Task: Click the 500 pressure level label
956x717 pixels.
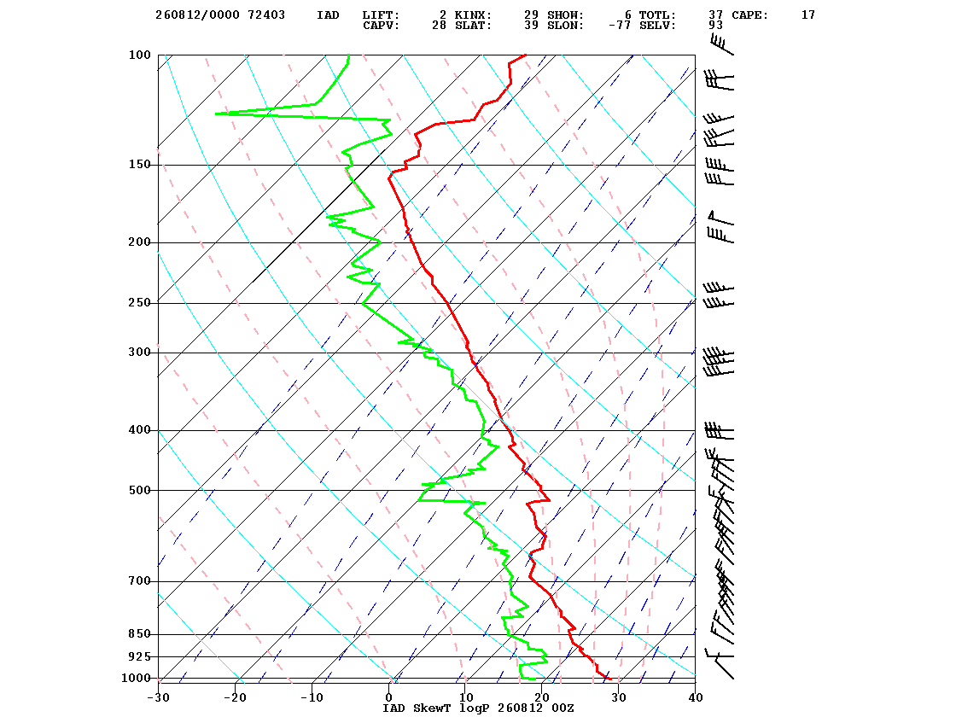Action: pos(139,490)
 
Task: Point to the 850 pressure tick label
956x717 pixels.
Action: pos(139,634)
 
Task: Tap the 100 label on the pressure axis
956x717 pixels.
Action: pos(139,55)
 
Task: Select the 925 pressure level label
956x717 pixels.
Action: pos(139,656)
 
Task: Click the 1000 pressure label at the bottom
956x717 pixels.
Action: pos(136,678)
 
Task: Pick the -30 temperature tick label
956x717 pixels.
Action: pos(158,697)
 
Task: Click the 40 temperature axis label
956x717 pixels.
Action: pos(696,697)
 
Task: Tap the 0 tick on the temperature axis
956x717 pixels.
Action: pos(389,697)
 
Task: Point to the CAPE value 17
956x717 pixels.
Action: pos(807,15)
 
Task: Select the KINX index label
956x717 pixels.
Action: pos(473,15)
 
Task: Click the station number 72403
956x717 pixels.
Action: pos(266,15)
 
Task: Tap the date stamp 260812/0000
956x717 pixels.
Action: pos(197,15)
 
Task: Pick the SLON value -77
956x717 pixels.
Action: pos(620,26)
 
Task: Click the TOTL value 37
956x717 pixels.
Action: pos(716,15)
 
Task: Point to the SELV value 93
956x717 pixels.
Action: pos(716,26)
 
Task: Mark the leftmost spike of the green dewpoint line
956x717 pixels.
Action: pos(216,114)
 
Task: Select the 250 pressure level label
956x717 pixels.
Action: pos(139,303)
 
